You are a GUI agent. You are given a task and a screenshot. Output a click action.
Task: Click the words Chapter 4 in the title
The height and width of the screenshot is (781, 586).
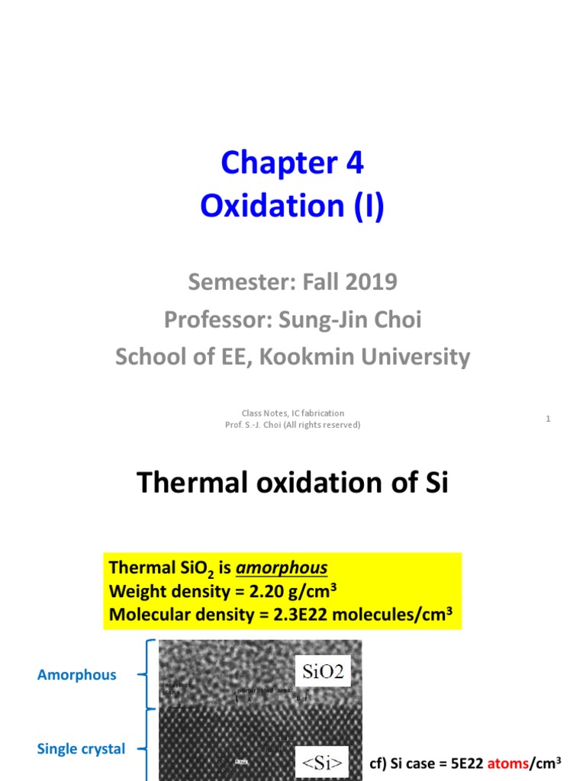pos(292,162)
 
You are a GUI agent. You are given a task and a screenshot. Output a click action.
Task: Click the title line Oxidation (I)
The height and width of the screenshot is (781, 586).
pos(292,206)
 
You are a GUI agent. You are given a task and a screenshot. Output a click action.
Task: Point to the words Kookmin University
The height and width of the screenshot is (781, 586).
pos(364,356)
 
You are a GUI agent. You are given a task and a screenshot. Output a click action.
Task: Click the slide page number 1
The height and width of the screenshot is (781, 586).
pos(549,419)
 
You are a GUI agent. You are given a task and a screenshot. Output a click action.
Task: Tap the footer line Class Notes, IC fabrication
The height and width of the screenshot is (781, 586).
pos(292,413)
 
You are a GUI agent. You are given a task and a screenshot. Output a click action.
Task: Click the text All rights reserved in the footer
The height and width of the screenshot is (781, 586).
pos(320,425)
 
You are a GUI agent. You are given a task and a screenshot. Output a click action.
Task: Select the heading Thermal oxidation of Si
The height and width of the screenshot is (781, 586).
pos(292,483)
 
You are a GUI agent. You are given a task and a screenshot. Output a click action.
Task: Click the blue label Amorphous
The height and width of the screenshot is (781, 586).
pos(77,674)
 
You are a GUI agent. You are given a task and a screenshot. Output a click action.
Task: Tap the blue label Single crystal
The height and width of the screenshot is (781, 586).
pos(81,749)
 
